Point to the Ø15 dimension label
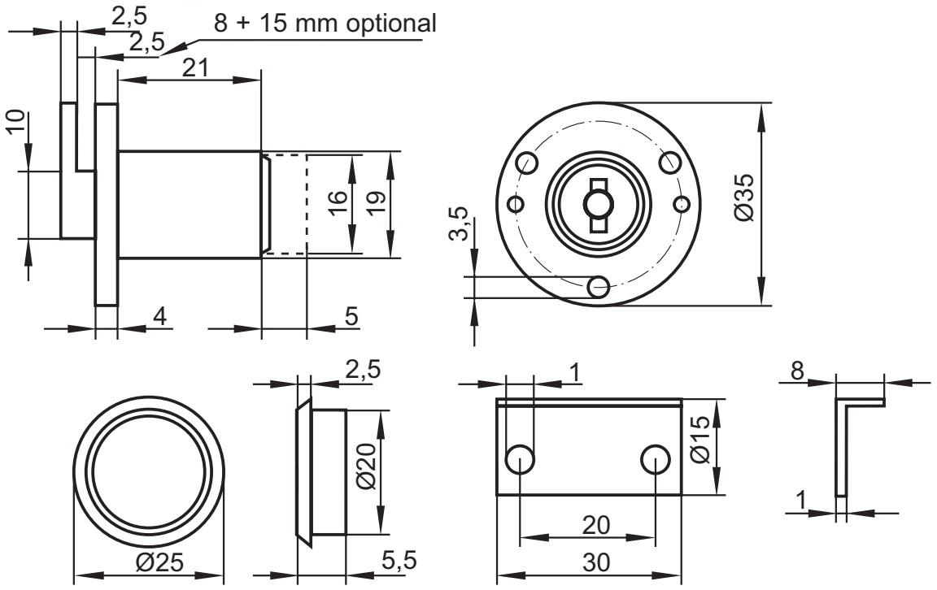(x=700, y=445)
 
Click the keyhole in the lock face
(x=599, y=199)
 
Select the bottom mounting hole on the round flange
(x=599, y=285)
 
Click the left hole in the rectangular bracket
(x=521, y=460)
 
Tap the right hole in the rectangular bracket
(x=656, y=460)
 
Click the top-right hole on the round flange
(x=670, y=162)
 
